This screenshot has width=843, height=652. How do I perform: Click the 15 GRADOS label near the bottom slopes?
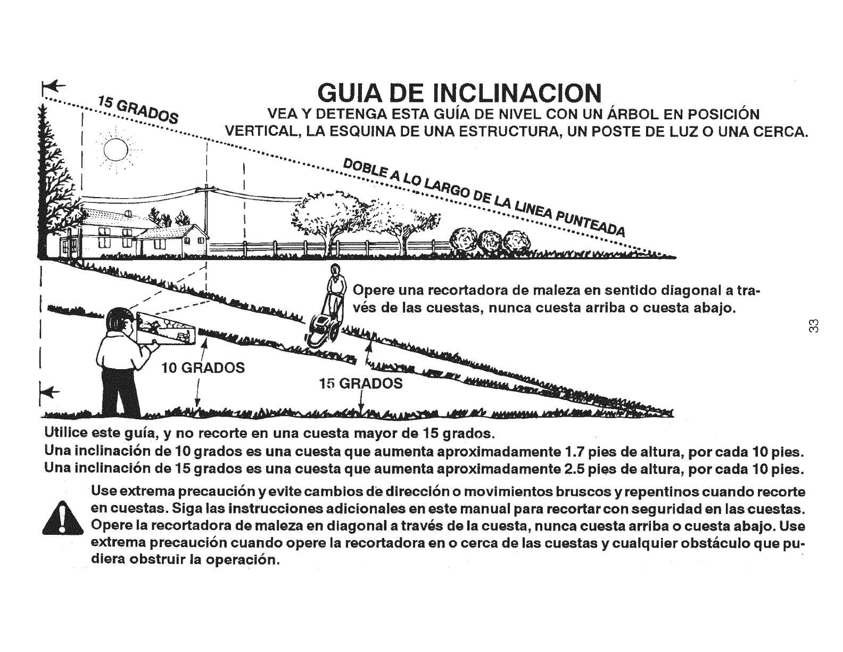[x=361, y=384]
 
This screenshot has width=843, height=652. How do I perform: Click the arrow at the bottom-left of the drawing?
[x=49, y=392]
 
